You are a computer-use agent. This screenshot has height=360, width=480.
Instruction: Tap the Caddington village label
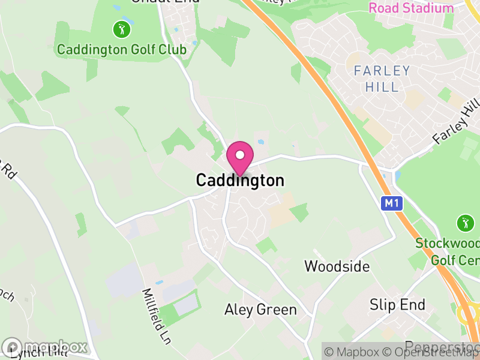[x=240, y=181]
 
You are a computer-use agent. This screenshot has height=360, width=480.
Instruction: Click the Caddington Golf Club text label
[x=122, y=49]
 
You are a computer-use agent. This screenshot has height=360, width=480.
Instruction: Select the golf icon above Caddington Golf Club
[x=122, y=28]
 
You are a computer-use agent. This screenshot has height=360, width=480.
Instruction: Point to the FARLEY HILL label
[x=382, y=79]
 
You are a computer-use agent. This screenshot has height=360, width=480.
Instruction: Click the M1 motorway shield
[x=391, y=203]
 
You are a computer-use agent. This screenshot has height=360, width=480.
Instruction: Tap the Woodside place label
[x=337, y=266]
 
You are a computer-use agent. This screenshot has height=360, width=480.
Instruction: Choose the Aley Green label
[x=260, y=310]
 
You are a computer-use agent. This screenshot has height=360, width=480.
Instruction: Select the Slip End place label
[x=398, y=305]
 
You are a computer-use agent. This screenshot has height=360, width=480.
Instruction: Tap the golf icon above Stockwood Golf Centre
[x=465, y=223]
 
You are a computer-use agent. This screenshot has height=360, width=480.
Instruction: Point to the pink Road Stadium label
[x=411, y=8]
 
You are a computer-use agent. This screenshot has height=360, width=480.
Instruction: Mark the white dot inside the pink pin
[x=240, y=155]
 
